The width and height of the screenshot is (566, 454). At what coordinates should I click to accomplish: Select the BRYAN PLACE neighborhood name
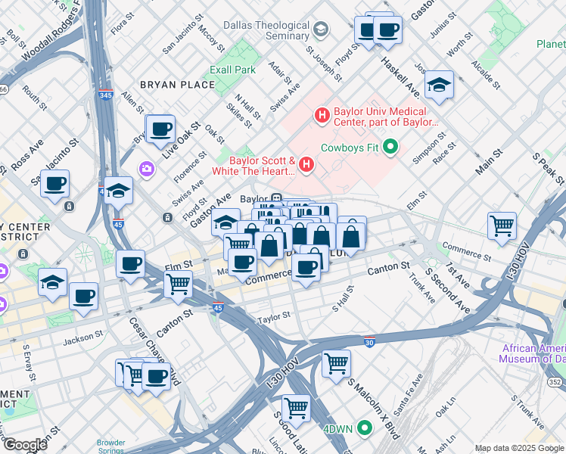(x=177, y=85)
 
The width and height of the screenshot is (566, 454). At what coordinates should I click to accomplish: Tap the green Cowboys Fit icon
(x=390, y=147)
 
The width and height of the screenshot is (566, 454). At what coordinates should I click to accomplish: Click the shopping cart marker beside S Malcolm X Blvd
(x=336, y=362)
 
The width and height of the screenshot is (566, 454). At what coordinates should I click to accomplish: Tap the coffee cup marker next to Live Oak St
(x=160, y=129)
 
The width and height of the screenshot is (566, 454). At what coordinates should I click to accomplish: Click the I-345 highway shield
(x=107, y=95)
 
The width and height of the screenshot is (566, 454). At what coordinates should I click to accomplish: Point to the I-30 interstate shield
(x=369, y=341)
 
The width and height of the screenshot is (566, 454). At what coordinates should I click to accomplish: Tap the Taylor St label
(x=274, y=316)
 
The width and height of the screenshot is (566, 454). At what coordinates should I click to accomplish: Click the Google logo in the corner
(x=25, y=445)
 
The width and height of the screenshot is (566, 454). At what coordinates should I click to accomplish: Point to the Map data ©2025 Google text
(x=518, y=448)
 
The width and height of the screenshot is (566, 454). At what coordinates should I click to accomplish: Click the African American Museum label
(x=533, y=353)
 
